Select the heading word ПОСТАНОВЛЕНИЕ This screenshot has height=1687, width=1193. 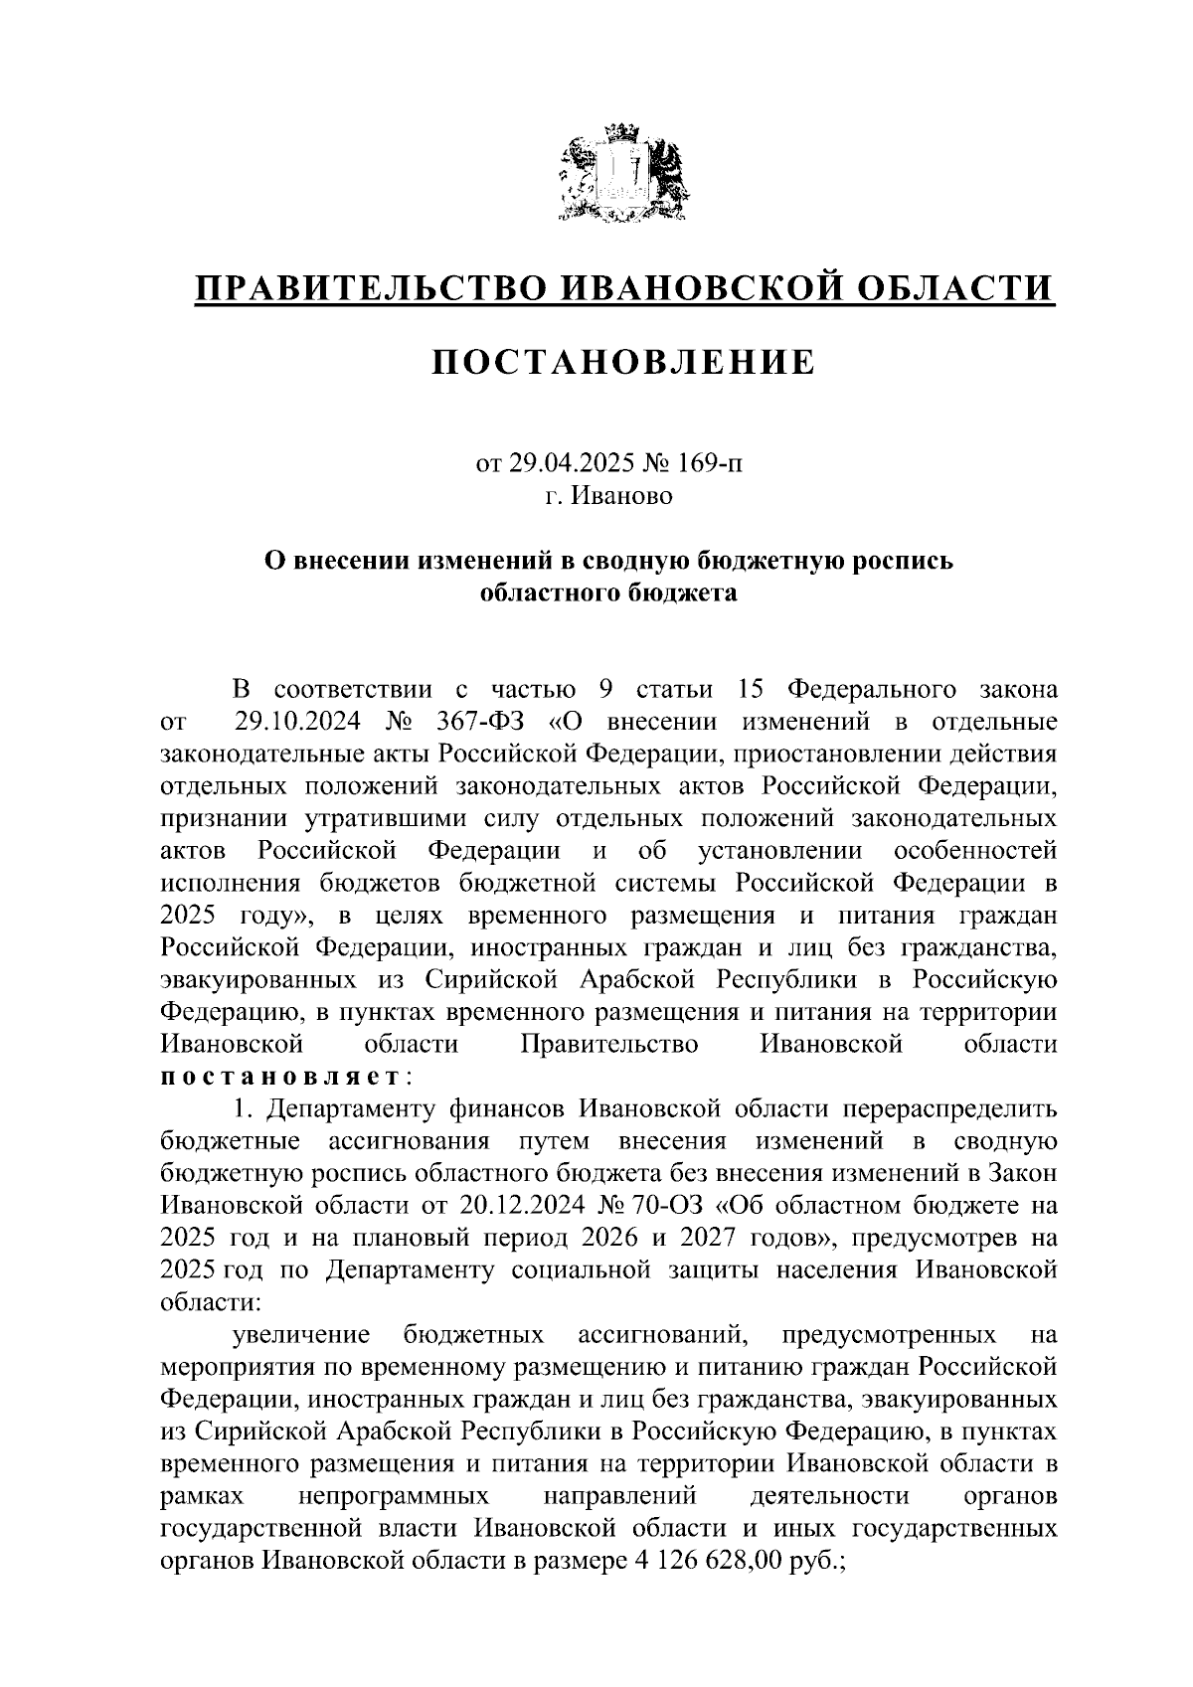pyautogui.click(x=623, y=362)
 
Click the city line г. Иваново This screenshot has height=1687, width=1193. pyautogui.click(x=608, y=495)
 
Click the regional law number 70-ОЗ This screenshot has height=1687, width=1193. pyautogui.click(x=668, y=1206)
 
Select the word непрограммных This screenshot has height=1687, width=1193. pyautogui.click(x=394, y=1496)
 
